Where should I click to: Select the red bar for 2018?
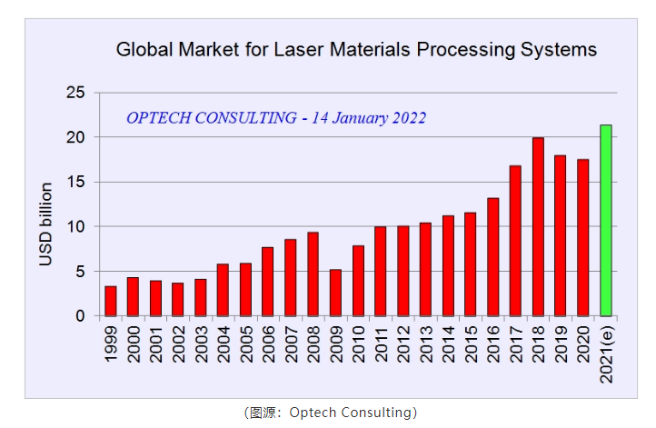coord(538,227)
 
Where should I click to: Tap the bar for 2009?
coord(335,293)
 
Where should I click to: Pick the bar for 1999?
coord(111,301)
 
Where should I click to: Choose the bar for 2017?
coord(515,241)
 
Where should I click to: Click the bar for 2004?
coord(224,290)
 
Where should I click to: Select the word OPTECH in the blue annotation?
coord(160,118)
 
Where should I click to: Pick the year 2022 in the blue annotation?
coord(406,118)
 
